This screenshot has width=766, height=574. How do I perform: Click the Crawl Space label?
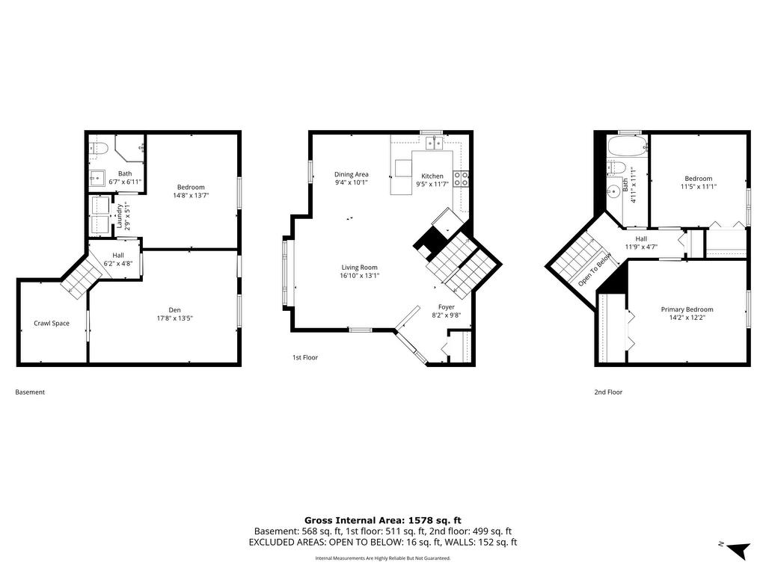52,323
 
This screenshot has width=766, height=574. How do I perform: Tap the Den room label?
174,310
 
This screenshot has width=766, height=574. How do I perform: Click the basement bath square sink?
97,178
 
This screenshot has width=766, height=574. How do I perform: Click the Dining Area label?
352,174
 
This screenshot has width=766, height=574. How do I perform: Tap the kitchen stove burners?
461,179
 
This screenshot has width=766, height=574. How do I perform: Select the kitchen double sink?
433,143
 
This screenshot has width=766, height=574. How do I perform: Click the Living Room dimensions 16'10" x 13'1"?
360,276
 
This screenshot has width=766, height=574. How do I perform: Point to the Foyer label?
446,307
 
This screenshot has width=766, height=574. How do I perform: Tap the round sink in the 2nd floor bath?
613,191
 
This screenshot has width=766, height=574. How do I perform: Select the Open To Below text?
595,270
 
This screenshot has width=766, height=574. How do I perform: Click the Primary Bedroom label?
687,309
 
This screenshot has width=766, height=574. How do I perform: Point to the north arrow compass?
738,549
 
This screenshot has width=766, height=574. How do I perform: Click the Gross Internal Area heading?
382,520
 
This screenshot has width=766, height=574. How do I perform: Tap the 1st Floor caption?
305,357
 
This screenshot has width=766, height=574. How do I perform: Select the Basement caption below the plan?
30,392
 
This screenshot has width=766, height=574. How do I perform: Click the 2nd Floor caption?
608,392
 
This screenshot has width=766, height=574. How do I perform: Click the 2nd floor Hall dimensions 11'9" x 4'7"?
641,247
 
